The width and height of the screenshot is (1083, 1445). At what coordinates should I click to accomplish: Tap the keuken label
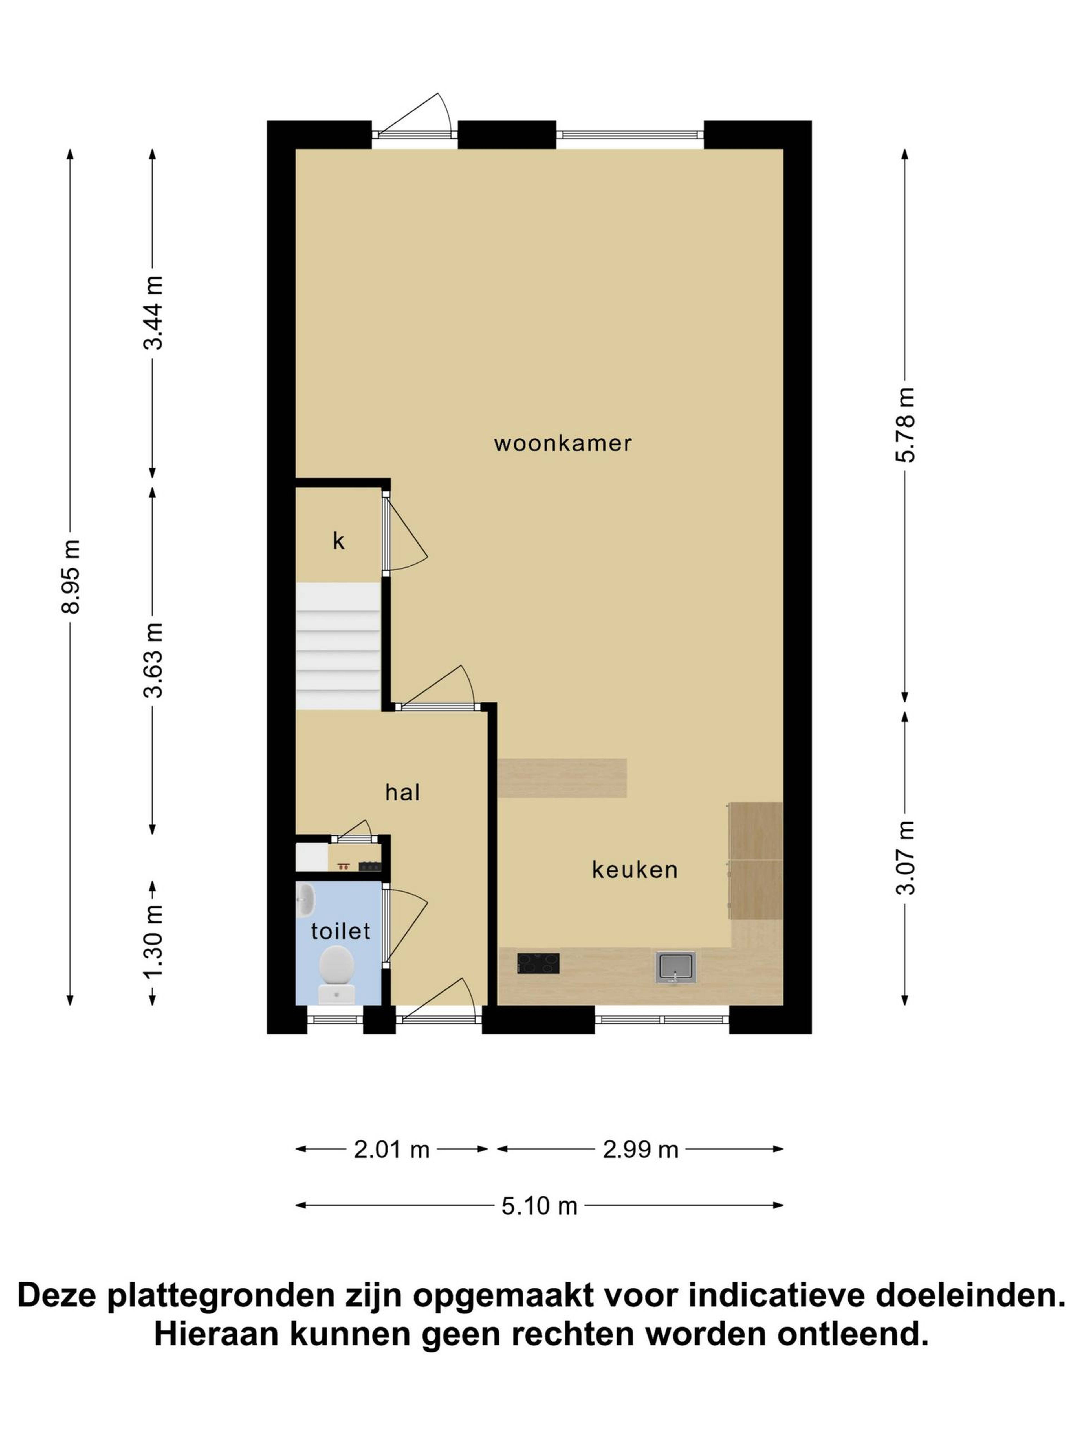click(635, 870)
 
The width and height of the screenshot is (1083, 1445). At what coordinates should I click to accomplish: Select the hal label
click(402, 792)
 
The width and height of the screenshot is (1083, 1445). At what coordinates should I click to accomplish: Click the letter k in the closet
click(338, 541)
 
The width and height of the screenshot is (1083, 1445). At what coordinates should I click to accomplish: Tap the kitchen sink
click(676, 967)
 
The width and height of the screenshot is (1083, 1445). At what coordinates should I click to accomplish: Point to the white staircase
click(338, 646)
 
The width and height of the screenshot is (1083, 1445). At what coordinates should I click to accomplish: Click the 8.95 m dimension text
click(71, 577)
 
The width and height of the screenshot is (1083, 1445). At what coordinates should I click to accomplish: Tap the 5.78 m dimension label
click(905, 425)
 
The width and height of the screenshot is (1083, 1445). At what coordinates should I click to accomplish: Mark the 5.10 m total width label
click(539, 1206)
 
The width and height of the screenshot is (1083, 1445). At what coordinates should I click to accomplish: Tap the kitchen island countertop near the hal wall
click(562, 778)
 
